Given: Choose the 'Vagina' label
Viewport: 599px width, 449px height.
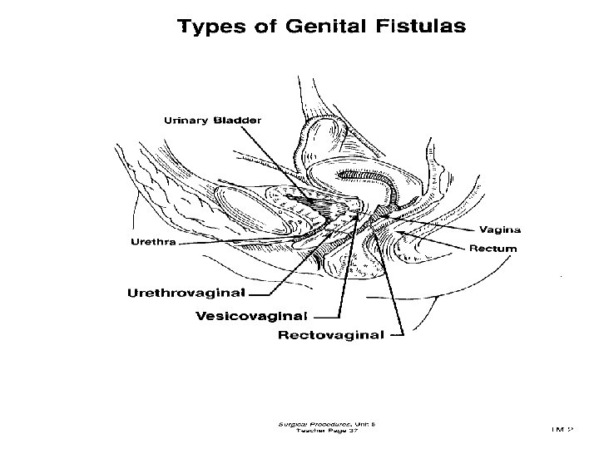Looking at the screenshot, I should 500,229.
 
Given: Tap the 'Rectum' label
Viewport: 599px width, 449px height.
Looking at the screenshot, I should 493,248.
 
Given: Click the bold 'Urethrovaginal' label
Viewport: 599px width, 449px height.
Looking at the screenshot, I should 186,292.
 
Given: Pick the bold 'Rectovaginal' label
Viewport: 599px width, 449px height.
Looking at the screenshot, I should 330,336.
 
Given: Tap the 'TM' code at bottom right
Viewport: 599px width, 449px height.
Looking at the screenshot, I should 563,429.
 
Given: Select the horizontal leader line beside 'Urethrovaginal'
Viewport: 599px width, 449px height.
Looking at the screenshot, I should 260,293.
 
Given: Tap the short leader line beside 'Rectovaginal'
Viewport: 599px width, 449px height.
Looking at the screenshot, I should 396,337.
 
